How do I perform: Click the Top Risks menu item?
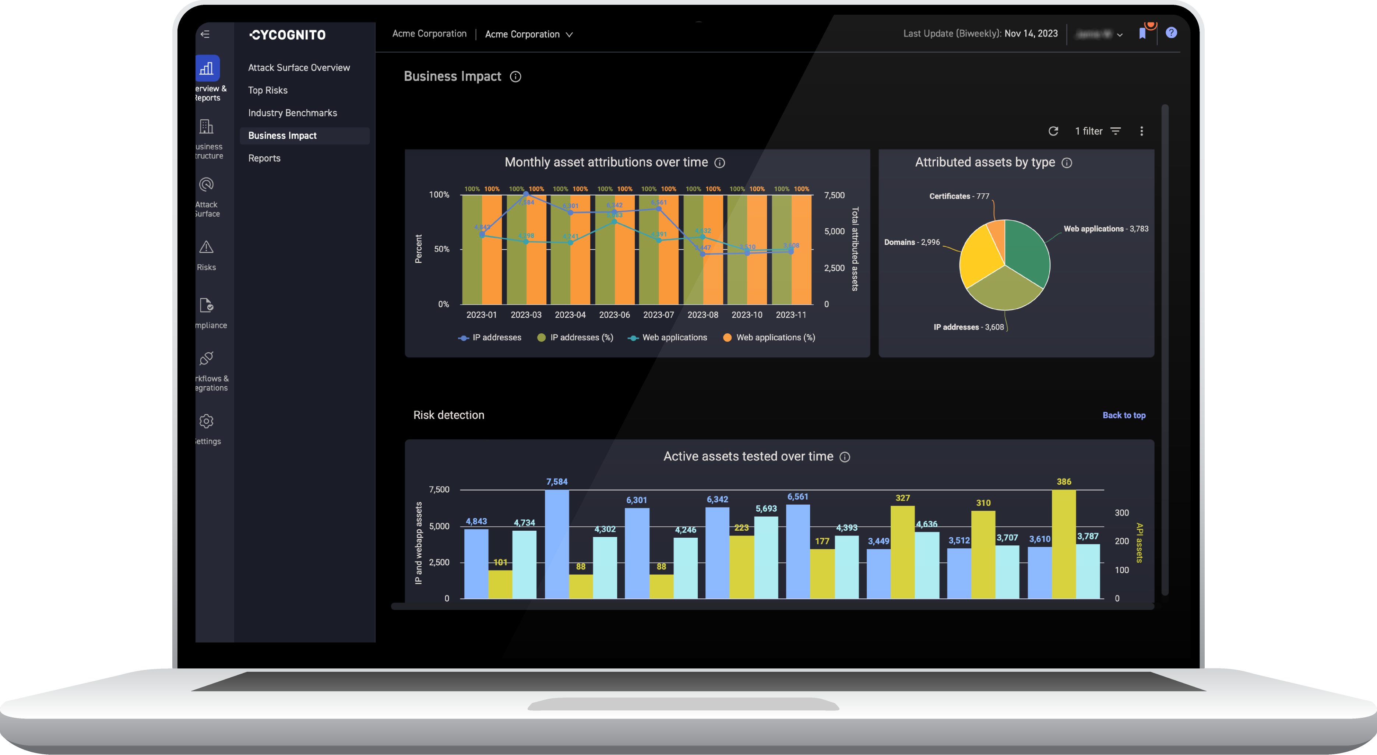click(x=267, y=90)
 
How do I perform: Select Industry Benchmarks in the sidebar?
click(x=292, y=113)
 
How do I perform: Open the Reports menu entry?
click(x=264, y=158)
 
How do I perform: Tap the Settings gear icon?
click(x=206, y=421)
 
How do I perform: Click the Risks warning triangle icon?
click(x=206, y=247)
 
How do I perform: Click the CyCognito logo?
click(x=288, y=35)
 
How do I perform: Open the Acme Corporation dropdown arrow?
click(x=569, y=35)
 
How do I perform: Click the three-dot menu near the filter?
click(x=1141, y=131)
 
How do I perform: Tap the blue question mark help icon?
click(x=1171, y=33)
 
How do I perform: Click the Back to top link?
click(x=1124, y=415)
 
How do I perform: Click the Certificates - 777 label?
click(x=959, y=196)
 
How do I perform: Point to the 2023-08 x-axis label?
click(x=702, y=315)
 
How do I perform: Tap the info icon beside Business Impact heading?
click(x=515, y=77)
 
